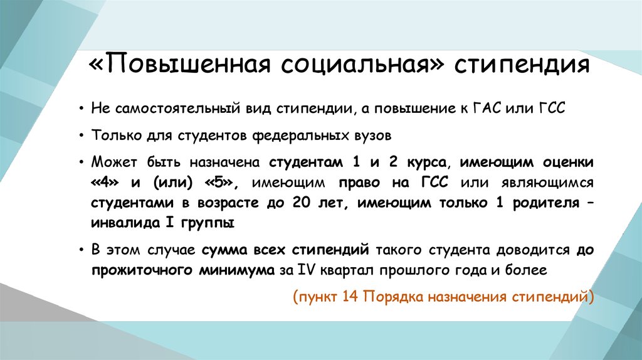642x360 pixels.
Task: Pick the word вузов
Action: pos(372,135)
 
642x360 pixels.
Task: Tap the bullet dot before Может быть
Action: pos(82,162)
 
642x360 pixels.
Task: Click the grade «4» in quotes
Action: pos(105,183)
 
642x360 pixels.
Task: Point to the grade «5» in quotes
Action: pos(219,183)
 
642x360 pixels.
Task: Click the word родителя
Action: pos(546,204)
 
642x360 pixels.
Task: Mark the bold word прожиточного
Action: pos(142,271)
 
